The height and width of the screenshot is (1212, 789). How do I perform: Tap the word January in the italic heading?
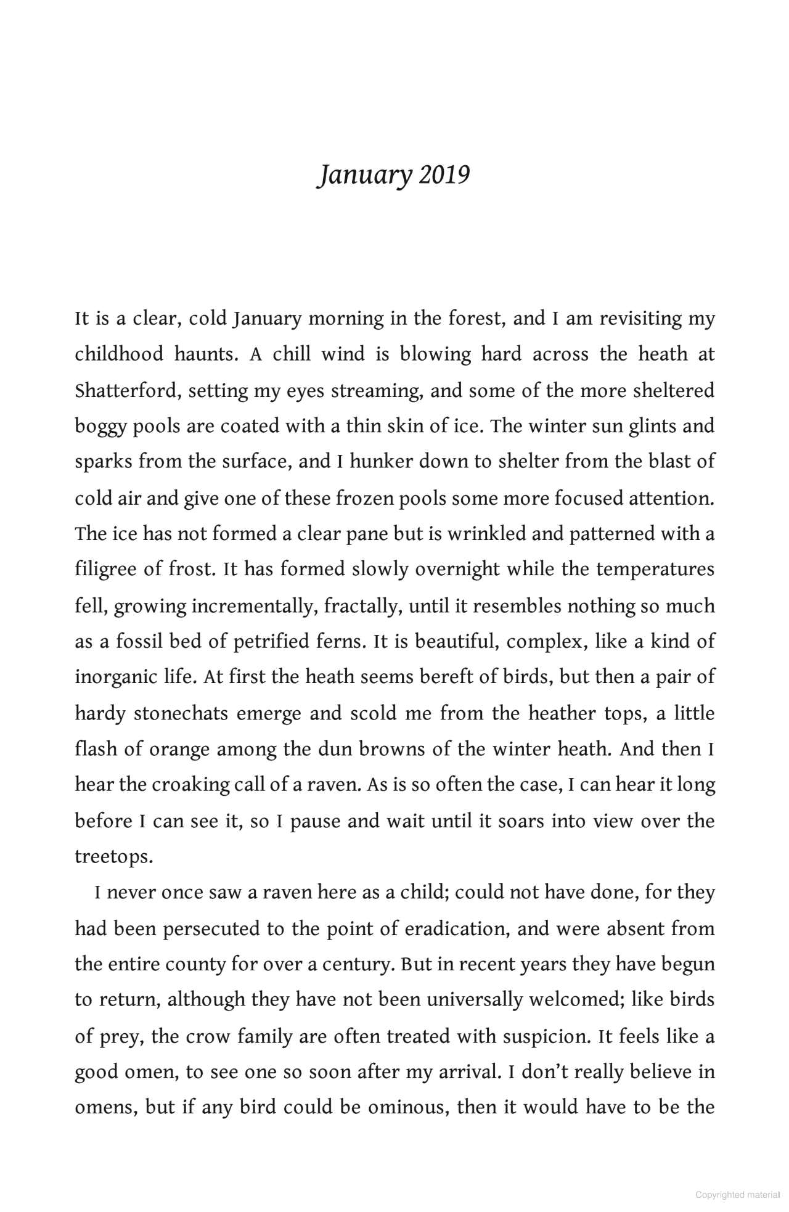[364, 176]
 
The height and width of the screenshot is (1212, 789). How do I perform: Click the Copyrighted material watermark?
[737, 1194]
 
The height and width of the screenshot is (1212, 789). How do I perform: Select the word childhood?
[118, 354]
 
